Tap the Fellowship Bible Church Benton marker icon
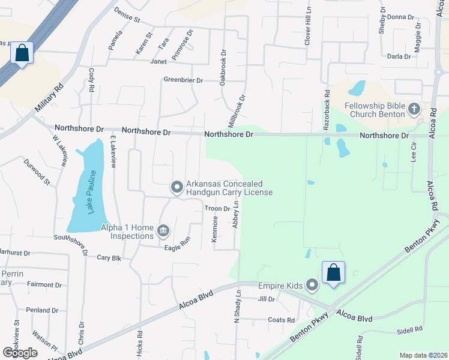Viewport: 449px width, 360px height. (413, 109)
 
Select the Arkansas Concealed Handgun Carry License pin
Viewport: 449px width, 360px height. (176, 188)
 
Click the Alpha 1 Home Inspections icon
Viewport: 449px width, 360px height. (163, 231)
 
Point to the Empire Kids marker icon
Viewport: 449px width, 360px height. (312, 285)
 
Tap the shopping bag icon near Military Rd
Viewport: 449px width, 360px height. (22, 53)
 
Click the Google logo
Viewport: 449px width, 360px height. (20, 353)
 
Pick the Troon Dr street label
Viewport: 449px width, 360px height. (217, 209)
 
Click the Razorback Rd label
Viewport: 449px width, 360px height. (327, 110)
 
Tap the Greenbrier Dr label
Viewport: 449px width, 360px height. (184, 80)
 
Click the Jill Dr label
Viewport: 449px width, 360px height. (266, 299)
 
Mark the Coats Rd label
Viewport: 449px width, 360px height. (281, 320)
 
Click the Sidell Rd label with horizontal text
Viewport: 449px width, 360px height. (410, 329)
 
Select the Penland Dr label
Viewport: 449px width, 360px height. (42, 310)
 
